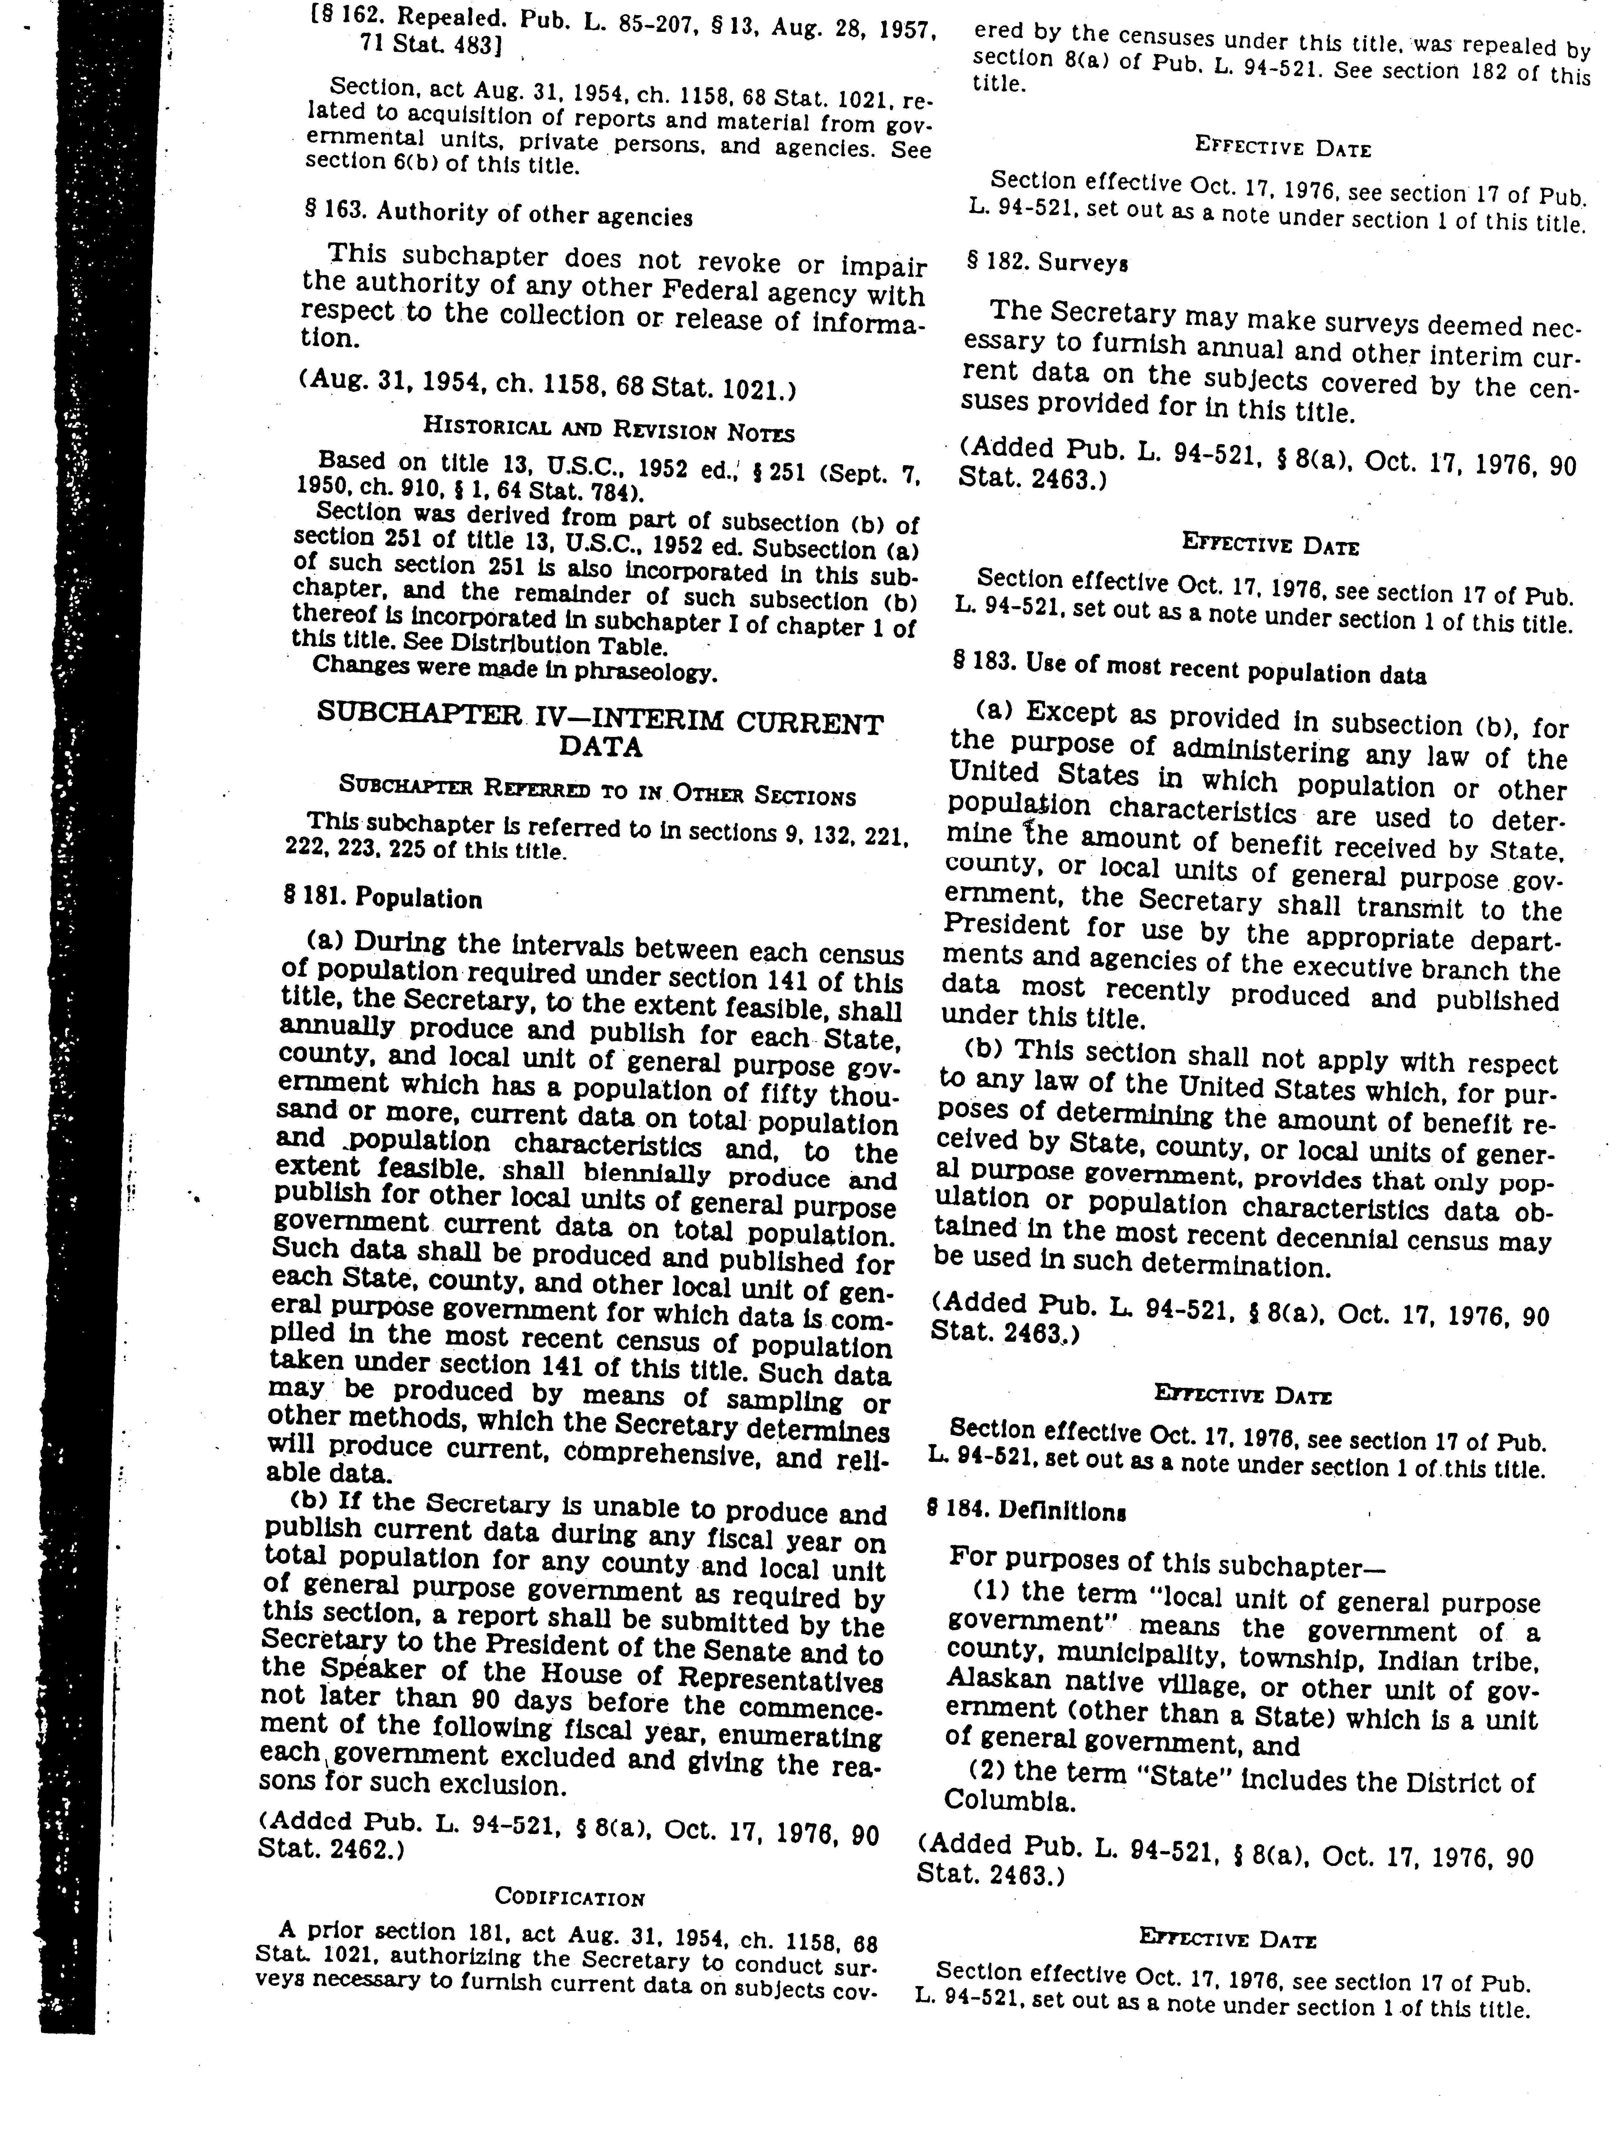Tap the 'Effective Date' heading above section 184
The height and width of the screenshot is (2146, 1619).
click(1243, 1394)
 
